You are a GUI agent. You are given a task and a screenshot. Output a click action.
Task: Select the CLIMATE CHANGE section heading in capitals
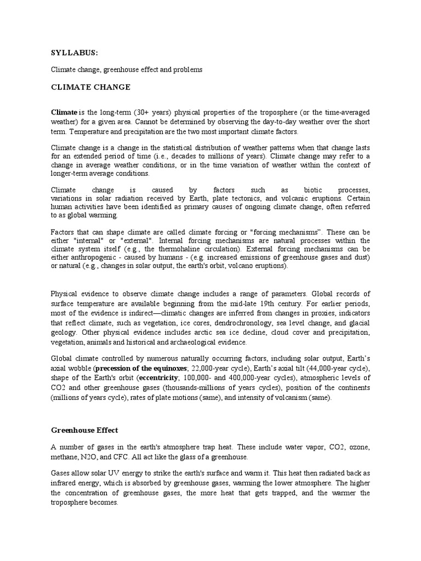click(90, 87)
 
